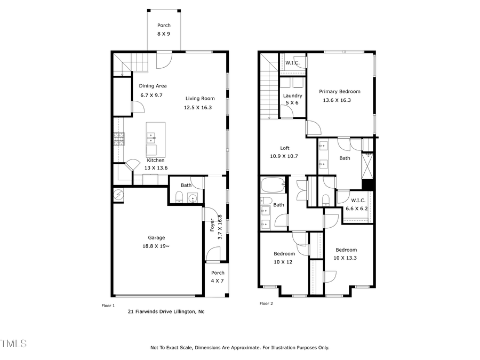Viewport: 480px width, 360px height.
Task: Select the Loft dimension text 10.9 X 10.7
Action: (x=284, y=156)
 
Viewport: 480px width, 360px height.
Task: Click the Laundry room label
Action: (x=292, y=96)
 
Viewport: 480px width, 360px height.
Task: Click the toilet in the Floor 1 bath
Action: (x=180, y=199)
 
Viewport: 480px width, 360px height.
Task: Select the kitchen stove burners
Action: (x=118, y=139)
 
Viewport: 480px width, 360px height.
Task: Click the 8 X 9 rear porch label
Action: (x=164, y=34)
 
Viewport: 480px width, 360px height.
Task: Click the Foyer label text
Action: (x=212, y=224)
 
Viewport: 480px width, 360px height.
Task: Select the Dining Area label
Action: (x=153, y=86)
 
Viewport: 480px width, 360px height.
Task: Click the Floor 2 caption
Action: (x=266, y=303)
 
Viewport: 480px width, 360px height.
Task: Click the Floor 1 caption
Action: (x=108, y=306)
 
